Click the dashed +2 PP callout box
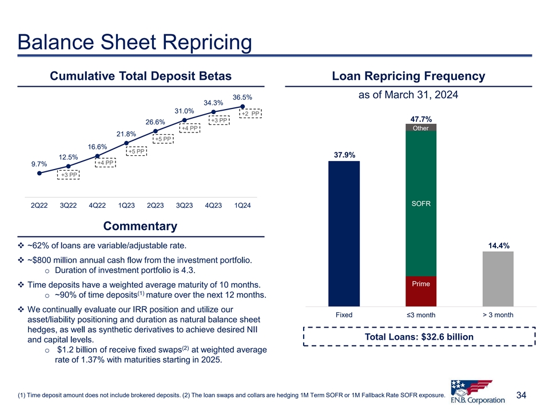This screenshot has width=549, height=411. (250, 114)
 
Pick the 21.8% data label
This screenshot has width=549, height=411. (126, 134)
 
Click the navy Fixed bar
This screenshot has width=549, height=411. (344, 233)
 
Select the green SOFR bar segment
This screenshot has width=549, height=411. (421, 204)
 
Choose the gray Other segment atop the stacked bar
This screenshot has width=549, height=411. (421, 127)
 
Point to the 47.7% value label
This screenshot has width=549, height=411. (421, 119)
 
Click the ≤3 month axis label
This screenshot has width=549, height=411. (421, 316)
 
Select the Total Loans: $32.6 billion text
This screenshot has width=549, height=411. (419, 337)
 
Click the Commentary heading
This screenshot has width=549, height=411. (140, 227)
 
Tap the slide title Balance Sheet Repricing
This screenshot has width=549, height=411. (134, 42)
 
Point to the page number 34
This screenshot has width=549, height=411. (521, 395)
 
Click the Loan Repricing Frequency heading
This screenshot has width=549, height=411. (408, 76)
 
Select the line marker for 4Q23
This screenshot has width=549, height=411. (213, 112)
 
